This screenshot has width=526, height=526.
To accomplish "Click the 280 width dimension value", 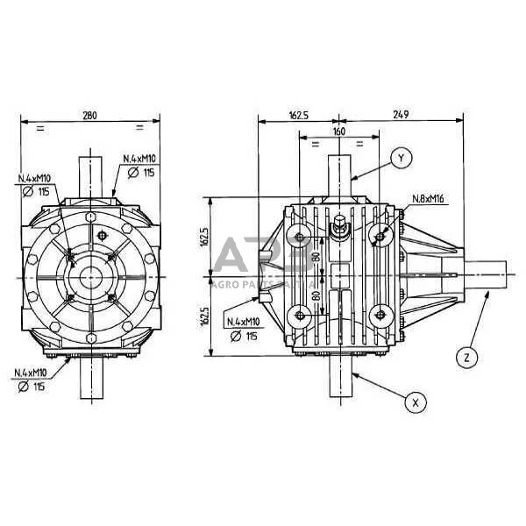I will coord(89,114).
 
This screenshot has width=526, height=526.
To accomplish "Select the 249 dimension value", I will coord(402,114).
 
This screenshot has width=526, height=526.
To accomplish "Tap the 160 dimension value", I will coord(338,131).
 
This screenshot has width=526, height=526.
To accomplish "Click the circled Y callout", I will coord(401,158).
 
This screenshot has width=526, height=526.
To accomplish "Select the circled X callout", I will coord(416,402).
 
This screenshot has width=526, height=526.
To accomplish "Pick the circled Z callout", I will coord(468,356).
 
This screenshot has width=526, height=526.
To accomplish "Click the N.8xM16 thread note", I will coord(427,199).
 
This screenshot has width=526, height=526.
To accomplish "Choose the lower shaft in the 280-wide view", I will coord(90,379).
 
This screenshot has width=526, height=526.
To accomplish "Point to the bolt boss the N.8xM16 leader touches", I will coord(381,235).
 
